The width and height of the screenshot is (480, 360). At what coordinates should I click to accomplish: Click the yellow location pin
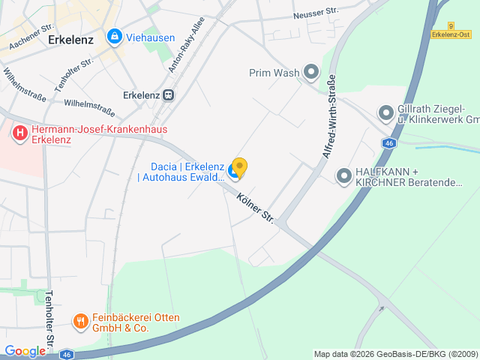point(239,166)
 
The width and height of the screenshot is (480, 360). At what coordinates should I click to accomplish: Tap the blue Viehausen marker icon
point(114,35)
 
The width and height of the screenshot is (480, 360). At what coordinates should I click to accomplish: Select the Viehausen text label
point(151,36)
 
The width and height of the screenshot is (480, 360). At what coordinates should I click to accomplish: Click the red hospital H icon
point(19,134)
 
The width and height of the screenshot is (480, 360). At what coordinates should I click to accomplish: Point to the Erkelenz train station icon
point(169,95)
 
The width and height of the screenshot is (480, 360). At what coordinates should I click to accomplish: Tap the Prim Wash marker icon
point(311,73)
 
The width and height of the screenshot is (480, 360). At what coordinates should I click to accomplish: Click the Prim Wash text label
point(274,73)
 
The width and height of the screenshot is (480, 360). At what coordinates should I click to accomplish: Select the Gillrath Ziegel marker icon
point(386,113)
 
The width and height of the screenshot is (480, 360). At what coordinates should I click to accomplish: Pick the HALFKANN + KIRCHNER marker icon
point(344,176)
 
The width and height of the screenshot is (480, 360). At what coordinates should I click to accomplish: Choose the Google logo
point(25,351)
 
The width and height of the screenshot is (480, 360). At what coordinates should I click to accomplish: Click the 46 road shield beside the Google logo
point(67,354)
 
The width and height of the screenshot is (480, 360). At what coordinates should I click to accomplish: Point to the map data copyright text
point(394,354)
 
